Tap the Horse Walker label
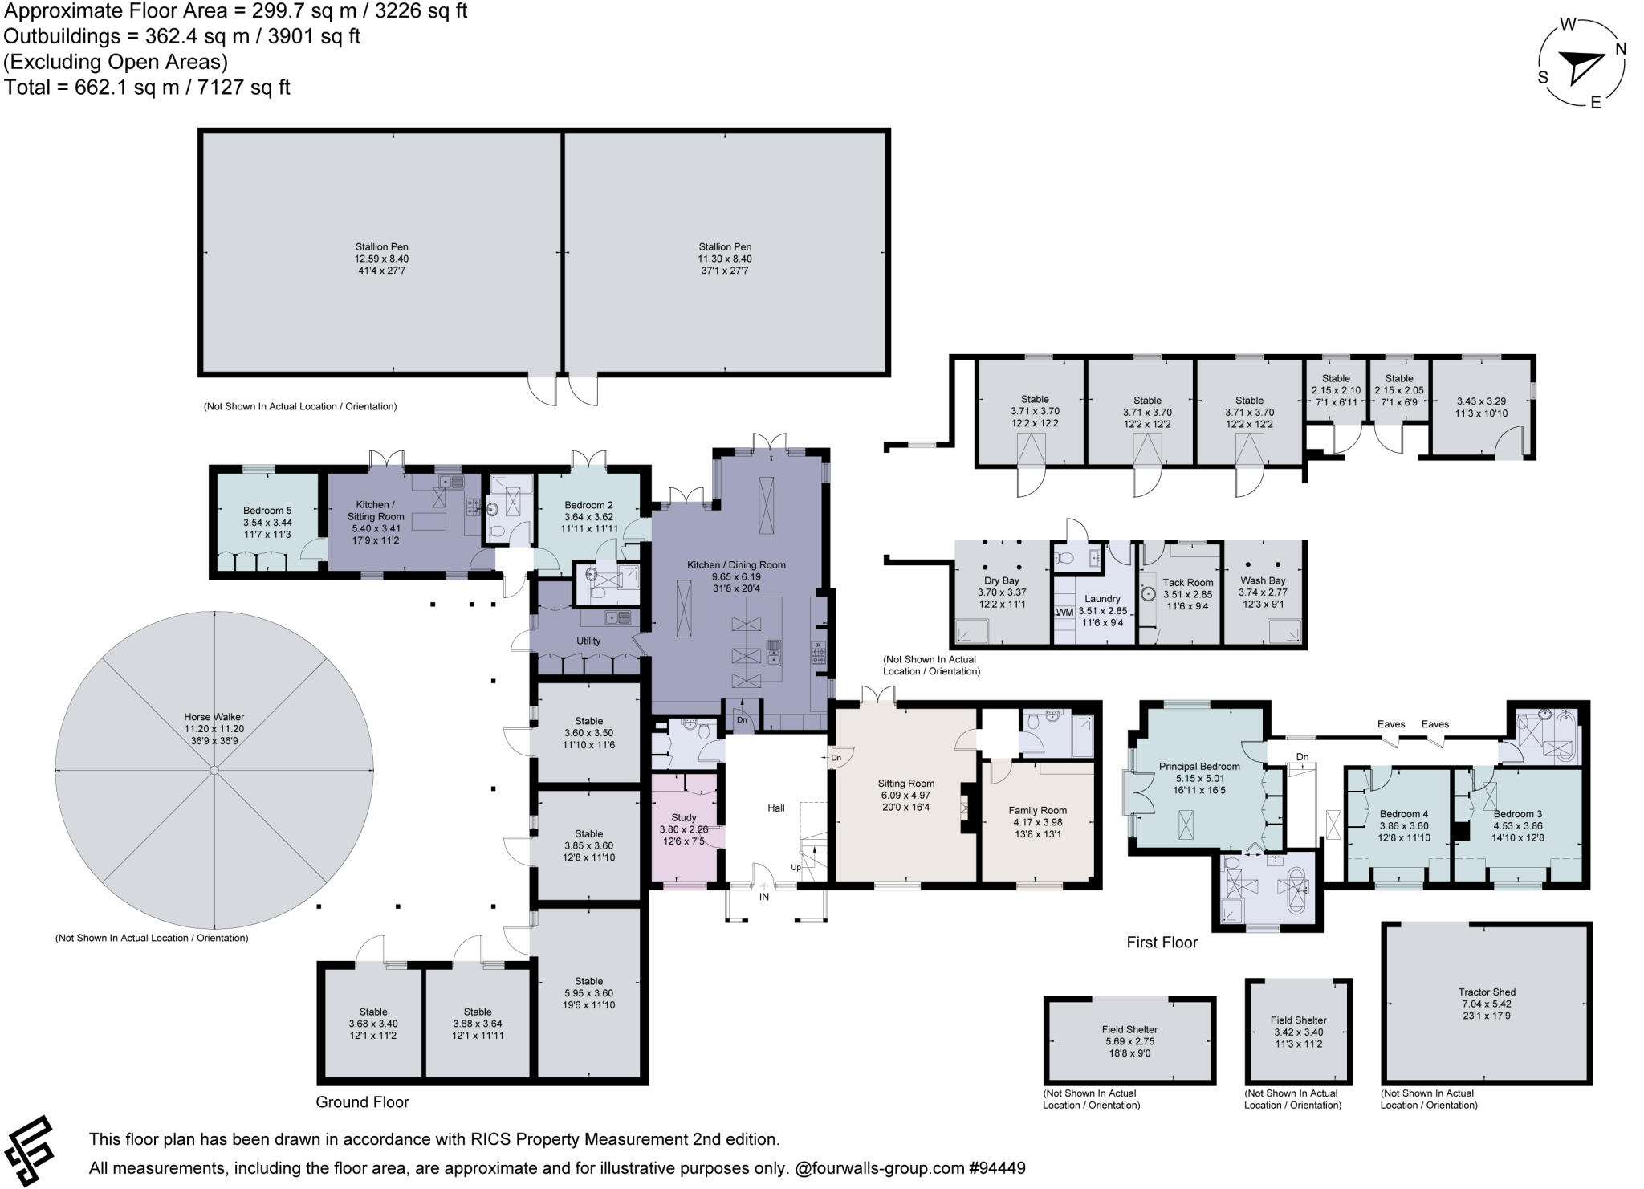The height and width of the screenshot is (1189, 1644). tap(214, 717)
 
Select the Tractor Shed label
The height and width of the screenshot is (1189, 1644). tap(1487, 992)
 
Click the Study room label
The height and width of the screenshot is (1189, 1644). tap(684, 817)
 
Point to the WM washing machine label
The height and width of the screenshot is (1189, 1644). tap(1064, 613)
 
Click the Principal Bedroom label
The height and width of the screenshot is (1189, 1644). tap(1199, 766)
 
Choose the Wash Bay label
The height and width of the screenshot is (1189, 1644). tap(1263, 580)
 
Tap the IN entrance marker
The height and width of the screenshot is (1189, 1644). tap(763, 896)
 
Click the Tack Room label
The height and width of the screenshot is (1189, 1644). tap(1188, 583)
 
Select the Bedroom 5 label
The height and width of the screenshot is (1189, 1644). tap(267, 511)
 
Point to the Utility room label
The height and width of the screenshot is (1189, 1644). tap(588, 641)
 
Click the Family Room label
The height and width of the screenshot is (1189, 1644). tap(1037, 811)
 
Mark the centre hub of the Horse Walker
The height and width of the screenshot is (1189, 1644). tap(214, 771)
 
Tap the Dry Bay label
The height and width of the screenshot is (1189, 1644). tap(1001, 580)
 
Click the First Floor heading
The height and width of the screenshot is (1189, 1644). tap(1162, 943)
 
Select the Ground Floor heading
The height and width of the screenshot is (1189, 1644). tap(362, 1102)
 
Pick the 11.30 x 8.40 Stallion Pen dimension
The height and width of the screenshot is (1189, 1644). tap(725, 259)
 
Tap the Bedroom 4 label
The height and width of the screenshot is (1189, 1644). tap(1403, 814)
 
